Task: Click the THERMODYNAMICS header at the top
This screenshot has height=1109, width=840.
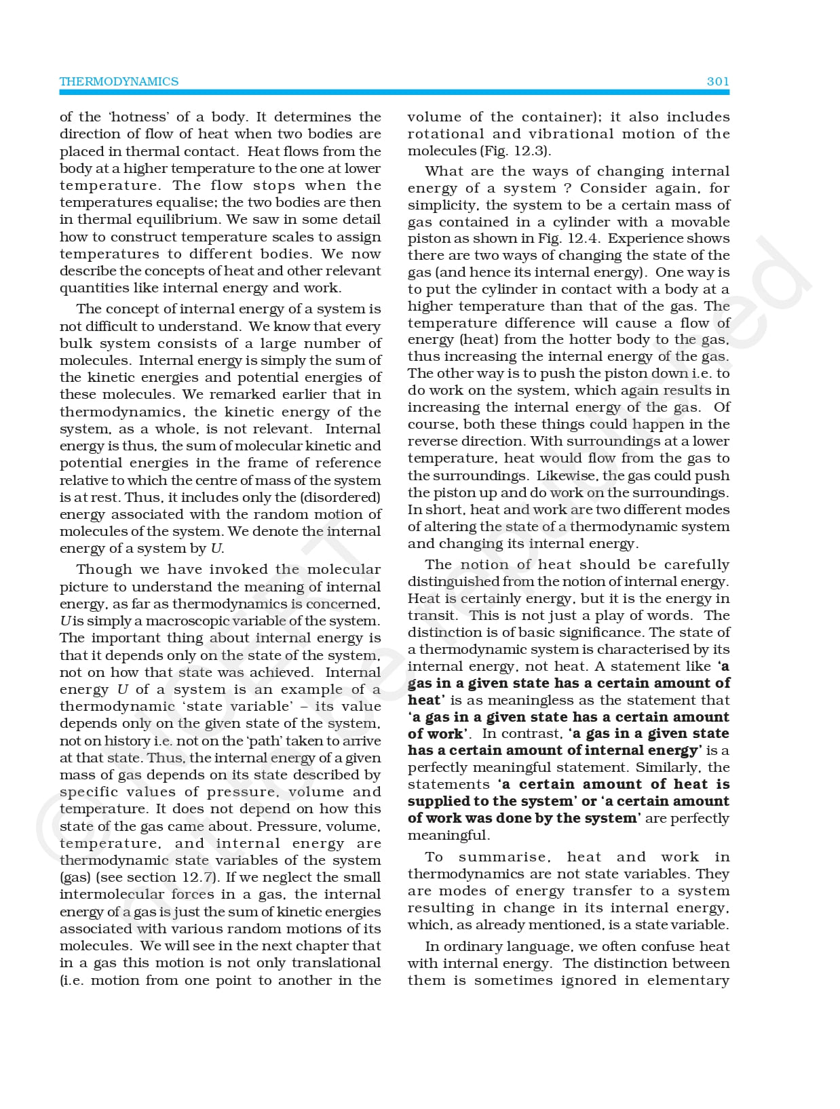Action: [x=119, y=81]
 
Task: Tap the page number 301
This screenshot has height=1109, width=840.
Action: [x=717, y=81]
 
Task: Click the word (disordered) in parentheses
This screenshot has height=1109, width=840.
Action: [x=343, y=497]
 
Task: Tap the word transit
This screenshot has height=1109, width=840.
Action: [x=432, y=615]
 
